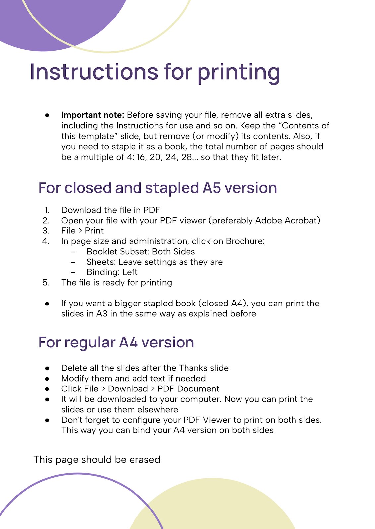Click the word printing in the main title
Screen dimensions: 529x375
pyautogui.click(x=239, y=72)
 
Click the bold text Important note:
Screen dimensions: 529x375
pyautogui.click(x=92, y=115)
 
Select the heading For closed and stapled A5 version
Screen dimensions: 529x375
pyautogui.click(x=158, y=188)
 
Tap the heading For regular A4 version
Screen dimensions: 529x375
pyautogui.click(x=116, y=342)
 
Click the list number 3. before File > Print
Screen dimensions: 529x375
pyautogui.click(x=46, y=231)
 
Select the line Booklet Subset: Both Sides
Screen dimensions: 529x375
pyautogui.click(x=141, y=252)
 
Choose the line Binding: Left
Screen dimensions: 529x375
pyautogui.click(x=112, y=272)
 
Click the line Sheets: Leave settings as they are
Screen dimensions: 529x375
pyautogui.click(x=154, y=262)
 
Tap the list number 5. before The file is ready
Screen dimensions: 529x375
pyautogui.click(x=46, y=283)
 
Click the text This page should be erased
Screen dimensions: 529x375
pyautogui.click(x=97, y=460)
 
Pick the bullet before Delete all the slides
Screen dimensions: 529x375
pyautogui.click(x=47, y=368)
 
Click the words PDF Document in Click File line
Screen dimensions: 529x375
pyautogui.click(x=188, y=389)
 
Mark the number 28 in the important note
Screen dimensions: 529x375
pyautogui.click(x=187, y=157)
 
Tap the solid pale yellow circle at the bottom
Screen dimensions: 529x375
pyautogui.click(x=212, y=506)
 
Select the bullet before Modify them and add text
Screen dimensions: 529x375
pyautogui.click(x=47, y=379)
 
